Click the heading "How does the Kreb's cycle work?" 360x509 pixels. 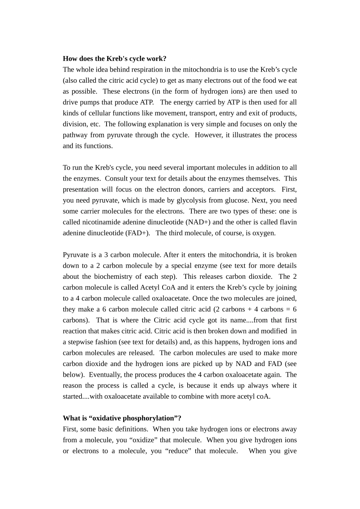pyautogui.click(x=114, y=58)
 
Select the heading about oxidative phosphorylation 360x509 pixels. pyautogui.click(x=122, y=418)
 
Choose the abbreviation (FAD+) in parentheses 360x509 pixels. pyautogui.click(x=138, y=233)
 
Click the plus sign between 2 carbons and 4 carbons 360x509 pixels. pyautogui.click(x=250, y=309)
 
